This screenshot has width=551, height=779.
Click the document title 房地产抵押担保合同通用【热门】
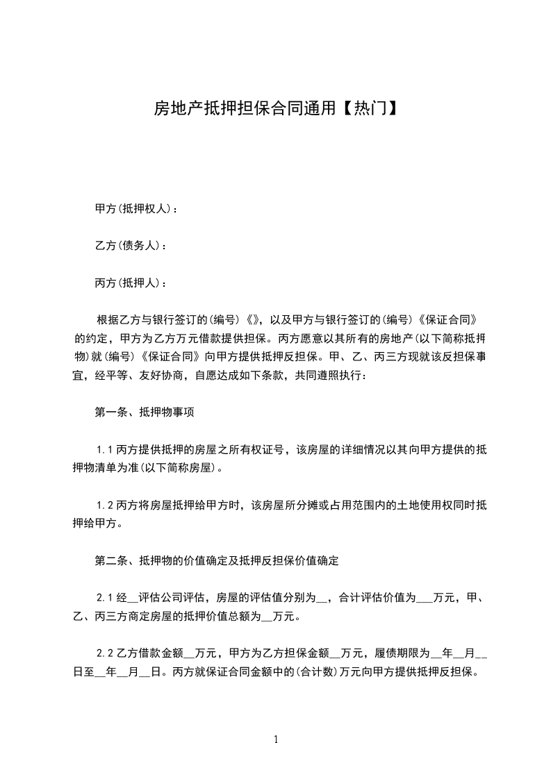coord(275,109)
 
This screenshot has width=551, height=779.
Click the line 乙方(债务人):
coord(131,246)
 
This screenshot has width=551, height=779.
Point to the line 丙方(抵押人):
coord(131,283)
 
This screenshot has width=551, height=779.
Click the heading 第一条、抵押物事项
coord(144,412)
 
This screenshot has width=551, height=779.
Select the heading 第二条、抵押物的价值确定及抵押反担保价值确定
coord(216,560)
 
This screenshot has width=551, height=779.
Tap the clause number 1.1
coord(105,450)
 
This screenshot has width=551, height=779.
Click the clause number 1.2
coord(105,505)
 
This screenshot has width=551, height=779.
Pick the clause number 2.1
coord(105,597)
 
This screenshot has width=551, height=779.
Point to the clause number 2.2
coord(105,653)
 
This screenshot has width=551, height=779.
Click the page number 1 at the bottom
coord(276,739)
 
